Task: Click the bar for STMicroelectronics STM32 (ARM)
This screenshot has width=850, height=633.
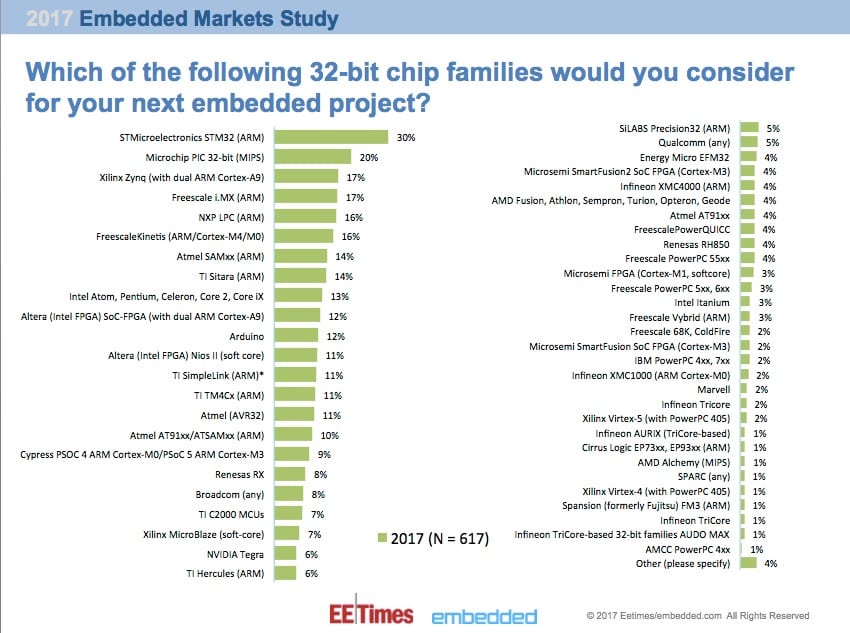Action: [x=331, y=137]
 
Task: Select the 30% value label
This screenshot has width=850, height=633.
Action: [x=406, y=137]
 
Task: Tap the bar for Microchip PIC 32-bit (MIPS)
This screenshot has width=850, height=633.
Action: [x=312, y=157]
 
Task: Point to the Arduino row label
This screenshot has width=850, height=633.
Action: [x=246, y=335]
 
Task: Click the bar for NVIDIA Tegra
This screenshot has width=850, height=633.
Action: [x=285, y=553]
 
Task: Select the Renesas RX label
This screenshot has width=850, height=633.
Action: [x=241, y=474]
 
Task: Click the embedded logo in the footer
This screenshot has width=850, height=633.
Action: [x=484, y=616]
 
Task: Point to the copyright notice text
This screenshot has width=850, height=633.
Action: [x=698, y=616]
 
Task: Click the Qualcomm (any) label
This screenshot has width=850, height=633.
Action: [x=696, y=142]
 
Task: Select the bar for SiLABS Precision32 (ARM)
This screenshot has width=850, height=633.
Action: [x=748, y=128]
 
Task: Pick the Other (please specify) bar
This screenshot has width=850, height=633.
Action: [x=748, y=564]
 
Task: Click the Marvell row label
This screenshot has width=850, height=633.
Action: [x=713, y=389]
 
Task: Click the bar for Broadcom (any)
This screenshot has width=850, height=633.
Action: [x=288, y=494]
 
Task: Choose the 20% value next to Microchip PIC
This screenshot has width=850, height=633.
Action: [x=369, y=157]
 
